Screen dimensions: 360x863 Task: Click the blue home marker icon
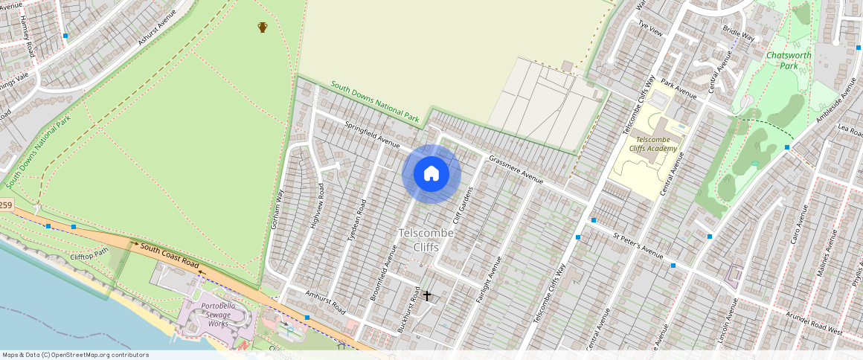click(431, 174)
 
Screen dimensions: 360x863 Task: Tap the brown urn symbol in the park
click(263, 28)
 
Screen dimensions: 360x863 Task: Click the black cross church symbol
click(427, 296)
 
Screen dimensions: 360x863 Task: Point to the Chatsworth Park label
click(788, 60)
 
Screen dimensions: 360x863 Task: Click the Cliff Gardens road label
click(463, 208)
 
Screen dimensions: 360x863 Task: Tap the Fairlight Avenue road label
click(489, 279)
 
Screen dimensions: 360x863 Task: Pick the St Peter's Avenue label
click(638, 245)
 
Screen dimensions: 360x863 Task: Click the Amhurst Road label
click(325, 302)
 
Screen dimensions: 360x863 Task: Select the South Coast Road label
click(170, 257)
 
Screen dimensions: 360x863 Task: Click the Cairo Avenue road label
click(797, 228)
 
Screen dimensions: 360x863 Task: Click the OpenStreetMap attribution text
click(75, 355)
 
